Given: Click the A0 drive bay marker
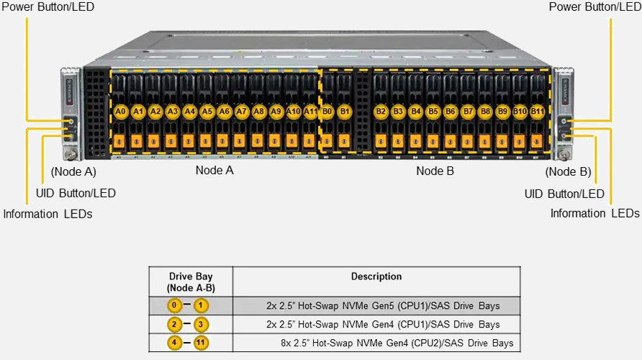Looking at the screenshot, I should coord(120,112).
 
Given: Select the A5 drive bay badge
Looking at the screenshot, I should coord(207,112).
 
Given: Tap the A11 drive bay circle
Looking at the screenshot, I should coord(310,112).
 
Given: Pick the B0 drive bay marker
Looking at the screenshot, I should coord(327,112).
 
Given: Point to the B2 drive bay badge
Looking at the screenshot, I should coord(381,112).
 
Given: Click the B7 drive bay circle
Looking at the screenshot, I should coord(468,112).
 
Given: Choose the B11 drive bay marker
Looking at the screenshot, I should coord(537,112).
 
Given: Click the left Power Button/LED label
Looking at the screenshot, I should coord(48,6).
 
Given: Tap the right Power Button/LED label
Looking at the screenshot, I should coord(594,6).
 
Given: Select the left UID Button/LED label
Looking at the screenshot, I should coord(76,193).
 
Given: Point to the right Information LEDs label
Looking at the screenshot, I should coord(594,213).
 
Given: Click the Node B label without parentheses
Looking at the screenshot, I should coord(435,171).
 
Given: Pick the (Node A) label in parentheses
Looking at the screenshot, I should coord(73,172).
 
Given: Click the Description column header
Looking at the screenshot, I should coord(376,276).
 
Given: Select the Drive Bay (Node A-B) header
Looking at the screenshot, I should coord(191,282).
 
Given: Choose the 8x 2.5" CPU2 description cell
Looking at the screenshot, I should coord(397,343).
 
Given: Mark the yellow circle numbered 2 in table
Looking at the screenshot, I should coord(175,324).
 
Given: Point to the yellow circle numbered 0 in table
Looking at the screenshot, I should coord(175,305).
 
